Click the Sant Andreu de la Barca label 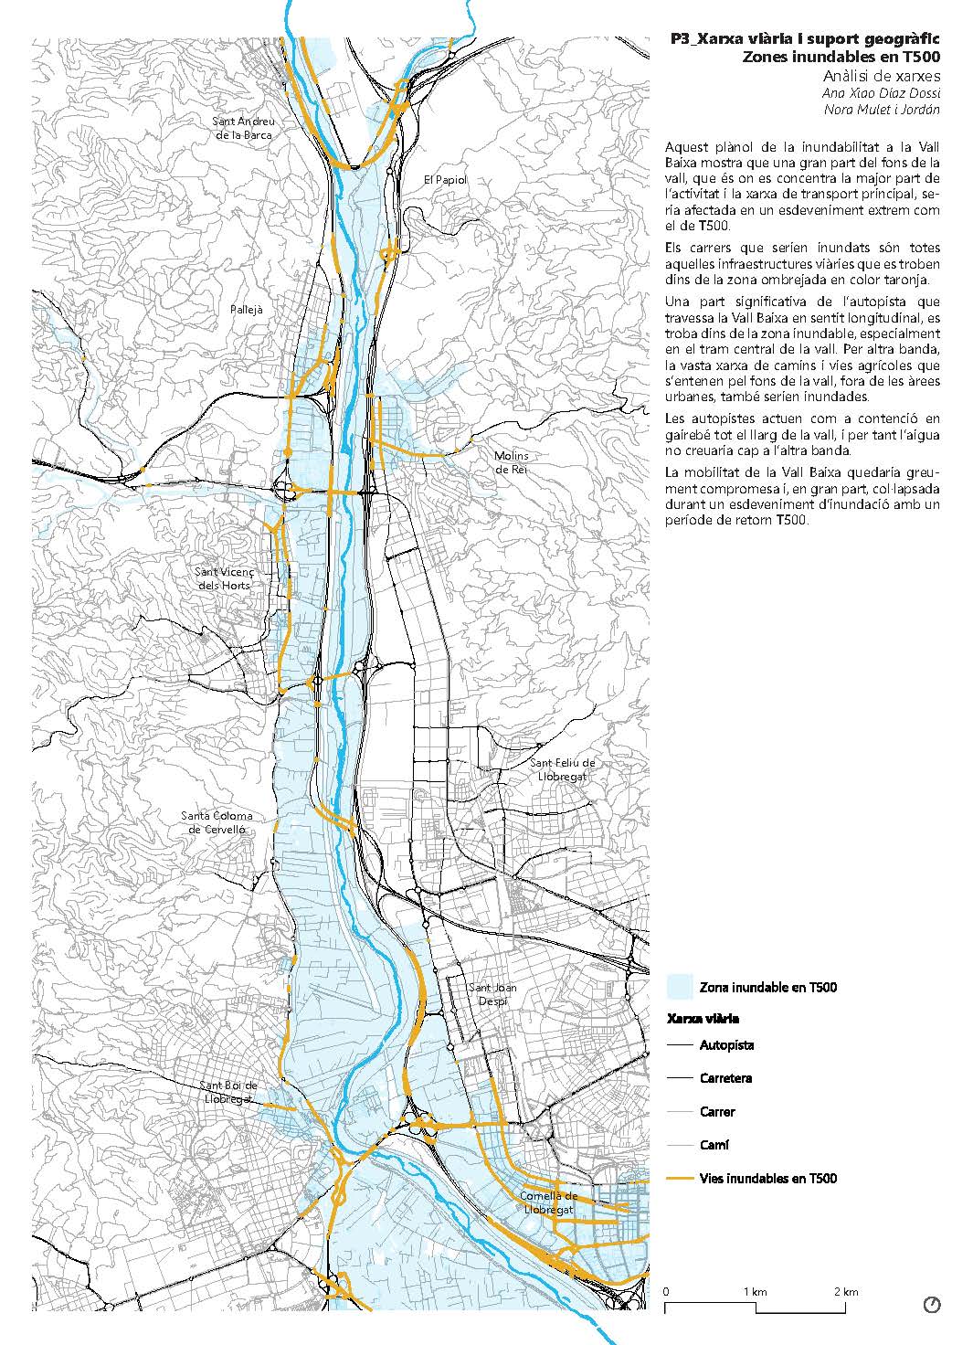(243, 128)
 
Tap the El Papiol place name (445, 180)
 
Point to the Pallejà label (246, 310)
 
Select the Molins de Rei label (512, 462)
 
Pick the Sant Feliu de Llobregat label (563, 769)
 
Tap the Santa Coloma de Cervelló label (217, 822)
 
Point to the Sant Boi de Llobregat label (229, 1092)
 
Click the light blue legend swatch (680, 987)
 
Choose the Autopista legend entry (727, 1045)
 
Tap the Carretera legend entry (726, 1078)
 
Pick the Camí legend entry (714, 1145)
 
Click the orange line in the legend (680, 1179)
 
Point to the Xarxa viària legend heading (703, 1018)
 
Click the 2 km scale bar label (846, 1292)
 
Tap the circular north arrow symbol (932, 1305)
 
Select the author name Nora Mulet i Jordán (882, 110)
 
